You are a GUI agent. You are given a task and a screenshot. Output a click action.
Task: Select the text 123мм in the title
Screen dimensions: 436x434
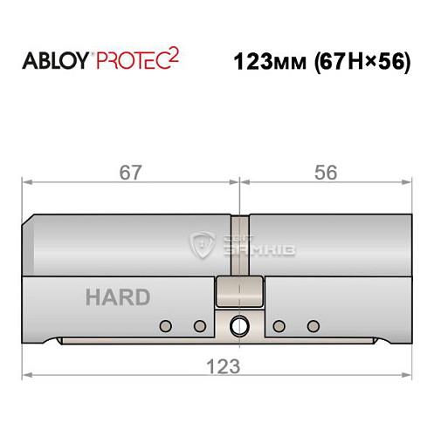coord(267,64)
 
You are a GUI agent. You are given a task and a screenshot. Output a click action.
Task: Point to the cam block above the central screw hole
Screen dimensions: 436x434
coord(238,293)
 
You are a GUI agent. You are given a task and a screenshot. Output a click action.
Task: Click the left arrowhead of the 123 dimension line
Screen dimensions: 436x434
coord(26,377)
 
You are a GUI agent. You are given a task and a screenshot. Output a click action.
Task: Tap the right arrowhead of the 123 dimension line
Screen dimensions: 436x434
coord(408,377)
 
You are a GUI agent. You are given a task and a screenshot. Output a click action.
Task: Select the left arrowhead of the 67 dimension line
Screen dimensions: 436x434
coord(26,183)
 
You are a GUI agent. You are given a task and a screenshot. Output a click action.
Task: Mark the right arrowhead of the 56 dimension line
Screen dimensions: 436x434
coord(408,183)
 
